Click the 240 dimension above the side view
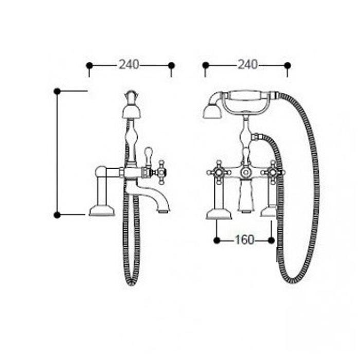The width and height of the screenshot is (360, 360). [129, 64]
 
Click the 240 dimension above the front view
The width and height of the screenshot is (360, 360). [247, 64]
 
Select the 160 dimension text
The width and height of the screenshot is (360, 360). [244, 240]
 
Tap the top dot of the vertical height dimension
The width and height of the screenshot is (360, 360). [57, 92]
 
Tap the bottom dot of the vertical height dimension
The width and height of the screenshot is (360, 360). [57, 215]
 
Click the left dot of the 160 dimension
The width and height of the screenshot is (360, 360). [217, 240]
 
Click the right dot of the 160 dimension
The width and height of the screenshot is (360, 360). [271, 240]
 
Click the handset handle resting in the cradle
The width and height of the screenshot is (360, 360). [250, 95]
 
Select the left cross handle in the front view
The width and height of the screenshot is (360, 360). [219, 172]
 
